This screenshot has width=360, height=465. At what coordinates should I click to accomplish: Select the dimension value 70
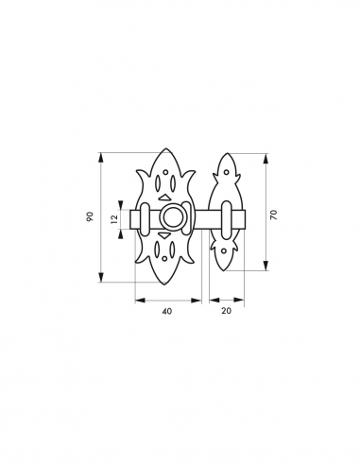273,215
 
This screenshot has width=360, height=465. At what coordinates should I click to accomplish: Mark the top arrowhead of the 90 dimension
103,154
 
